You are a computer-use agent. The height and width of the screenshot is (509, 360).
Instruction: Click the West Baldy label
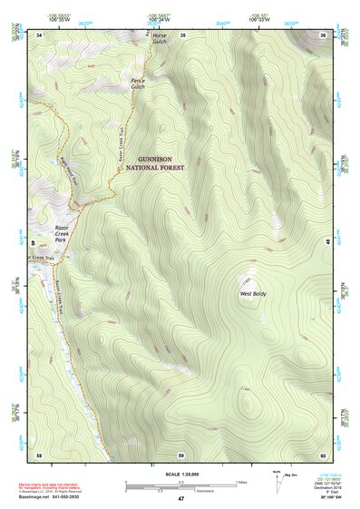pyautogui.click(x=252, y=295)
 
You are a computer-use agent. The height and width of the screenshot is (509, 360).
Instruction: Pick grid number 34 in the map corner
pyautogui.click(x=39, y=34)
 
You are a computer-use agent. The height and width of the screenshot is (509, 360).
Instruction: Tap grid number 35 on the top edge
pyautogui.click(x=182, y=34)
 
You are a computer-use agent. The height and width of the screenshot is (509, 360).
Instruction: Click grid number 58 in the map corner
pyautogui.click(x=39, y=454)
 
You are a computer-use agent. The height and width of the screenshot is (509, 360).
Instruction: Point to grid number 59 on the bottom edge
pyautogui.click(x=181, y=454)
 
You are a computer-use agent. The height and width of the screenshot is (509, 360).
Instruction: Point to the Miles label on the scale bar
pyautogui.click(x=242, y=481)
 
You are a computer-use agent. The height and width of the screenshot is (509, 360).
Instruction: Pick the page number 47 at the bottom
pyautogui.click(x=180, y=499)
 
